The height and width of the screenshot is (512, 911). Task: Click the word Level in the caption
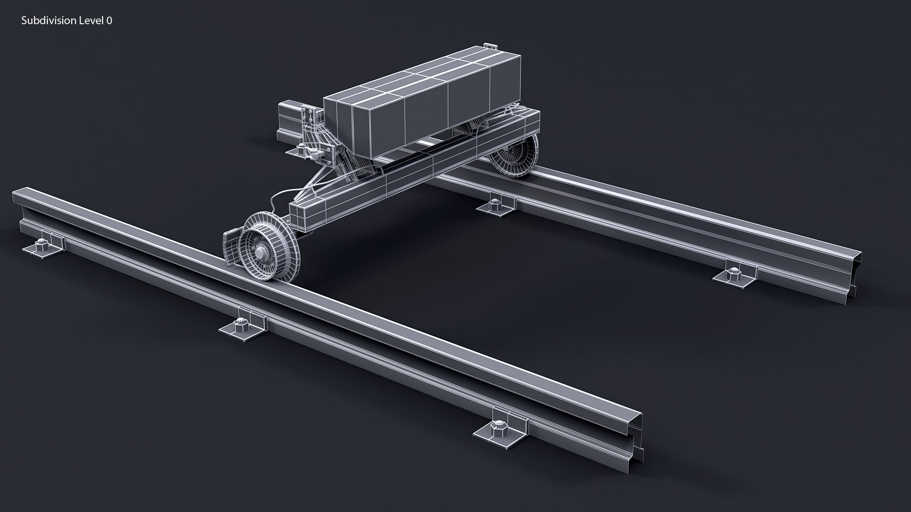(89, 20)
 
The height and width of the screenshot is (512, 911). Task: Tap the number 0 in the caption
(110, 20)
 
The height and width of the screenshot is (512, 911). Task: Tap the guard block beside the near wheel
(230, 245)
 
